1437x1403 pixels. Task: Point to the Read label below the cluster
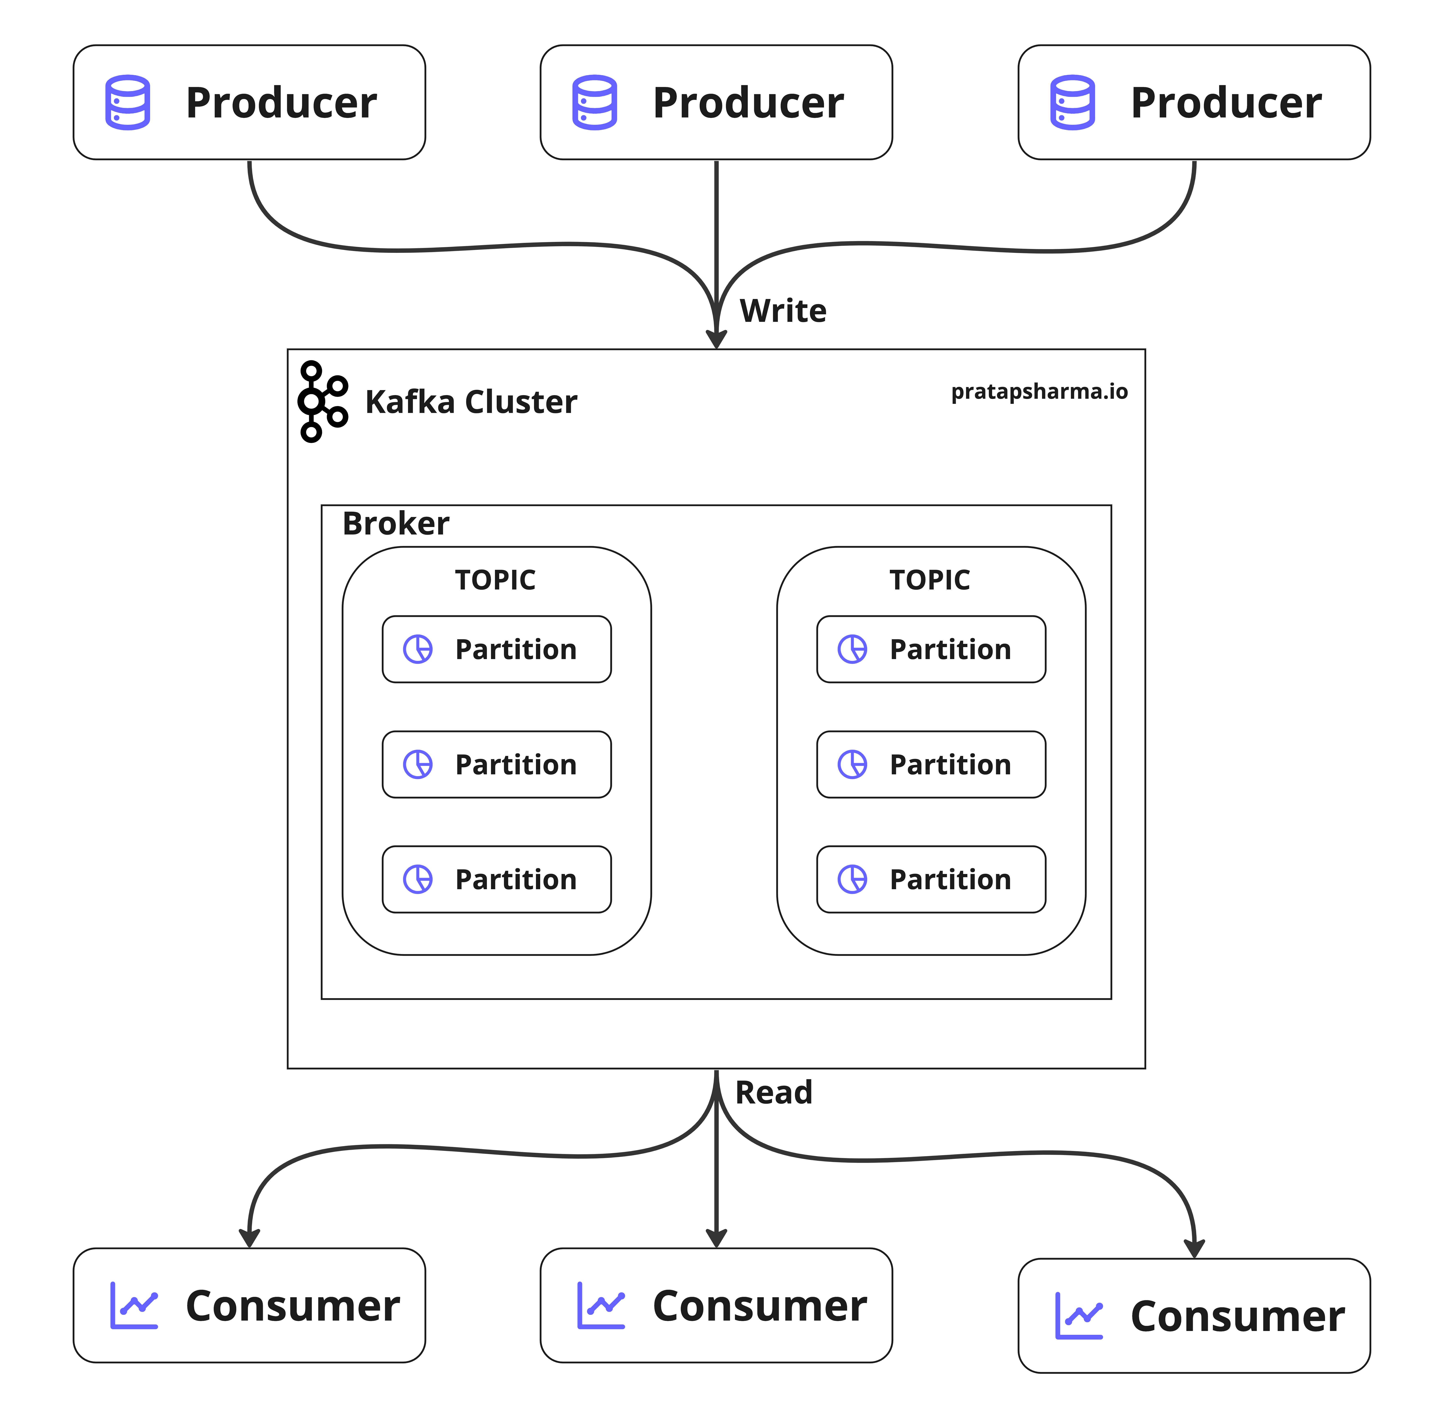(x=773, y=1092)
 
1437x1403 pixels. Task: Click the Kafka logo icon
(x=322, y=402)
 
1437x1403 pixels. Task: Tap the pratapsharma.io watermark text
(x=1039, y=391)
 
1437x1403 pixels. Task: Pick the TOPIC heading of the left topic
(x=495, y=580)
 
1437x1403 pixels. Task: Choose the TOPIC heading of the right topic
(x=930, y=580)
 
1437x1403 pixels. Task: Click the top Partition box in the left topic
(x=496, y=649)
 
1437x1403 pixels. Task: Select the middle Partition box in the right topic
(x=931, y=764)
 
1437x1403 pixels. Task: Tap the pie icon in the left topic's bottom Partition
(x=418, y=879)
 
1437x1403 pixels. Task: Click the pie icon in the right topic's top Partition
(x=852, y=649)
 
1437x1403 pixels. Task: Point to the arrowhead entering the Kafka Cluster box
(x=716, y=339)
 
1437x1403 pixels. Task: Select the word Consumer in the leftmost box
(x=292, y=1306)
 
